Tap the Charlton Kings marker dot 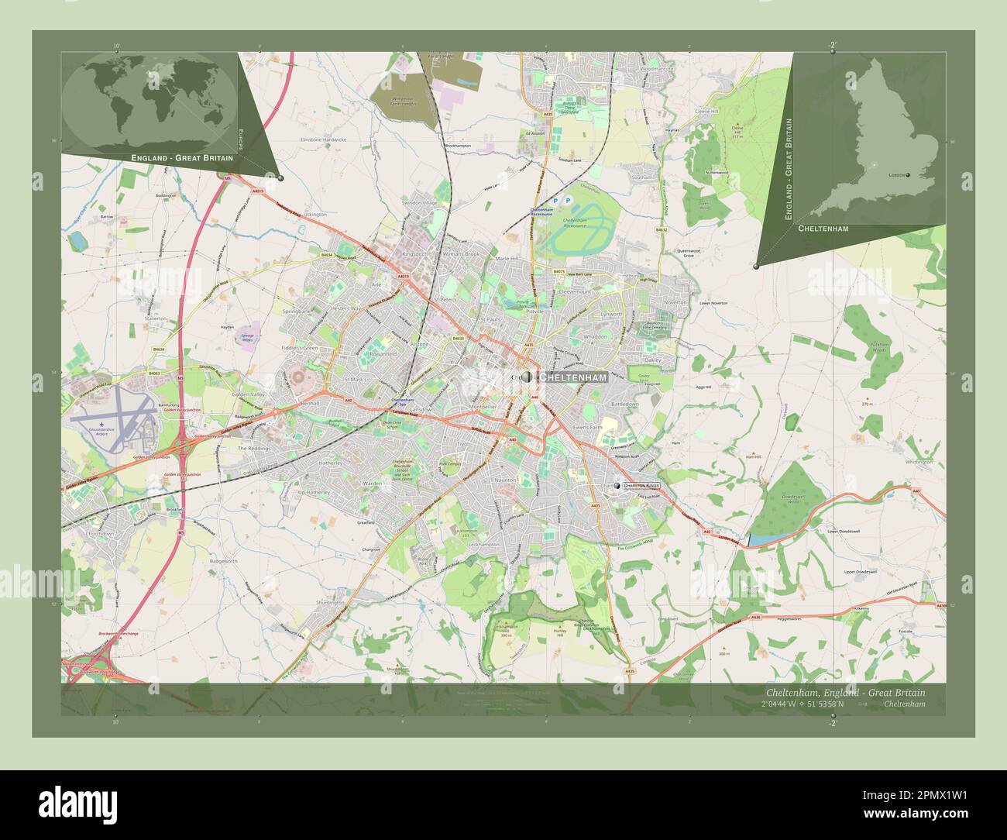pyautogui.click(x=617, y=486)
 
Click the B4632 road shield pyautogui.click(x=661, y=230)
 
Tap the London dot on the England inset pyautogui.click(x=909, y=175)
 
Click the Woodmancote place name pyautogui.click(x=658, y=69)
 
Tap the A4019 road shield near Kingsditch pyautogui.click(x=403, y=276)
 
